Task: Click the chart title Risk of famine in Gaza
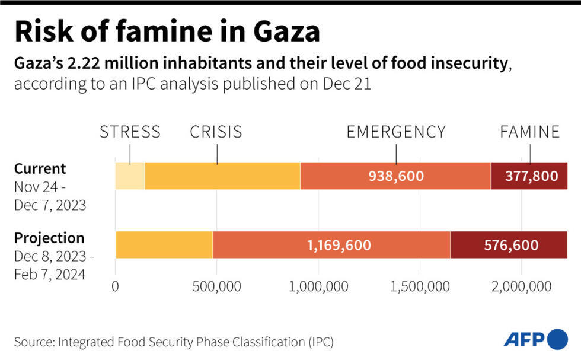167,31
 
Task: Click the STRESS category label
130,132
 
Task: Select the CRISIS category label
216,132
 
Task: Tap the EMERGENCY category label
396,132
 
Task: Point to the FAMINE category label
530,132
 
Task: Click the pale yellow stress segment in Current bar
130,176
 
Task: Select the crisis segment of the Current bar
222,176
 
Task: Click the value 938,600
396,176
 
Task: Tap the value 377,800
531,176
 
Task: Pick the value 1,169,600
339,245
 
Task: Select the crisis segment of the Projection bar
164,245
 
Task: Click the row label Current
40,168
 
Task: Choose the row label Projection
49,238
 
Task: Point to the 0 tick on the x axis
115,287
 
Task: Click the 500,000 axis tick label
216,287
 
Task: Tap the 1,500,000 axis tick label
420,287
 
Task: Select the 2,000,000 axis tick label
522,287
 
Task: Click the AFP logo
535,339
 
